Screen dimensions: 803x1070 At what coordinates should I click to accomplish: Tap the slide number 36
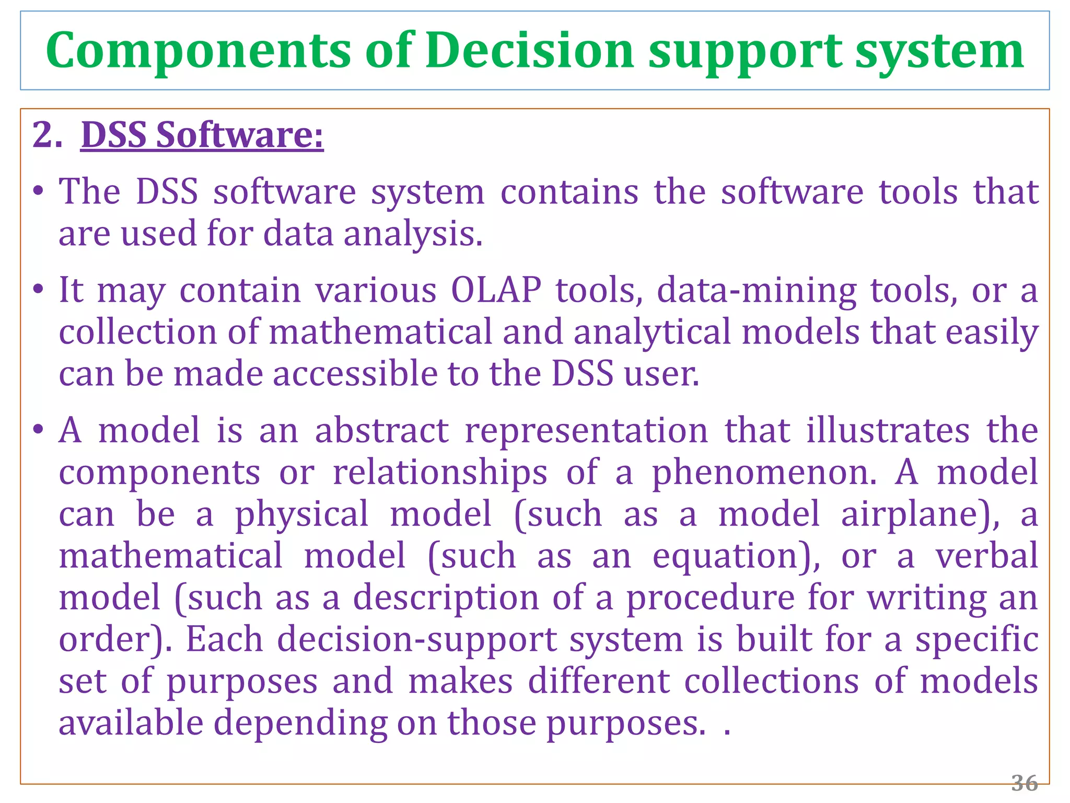point(1025,783)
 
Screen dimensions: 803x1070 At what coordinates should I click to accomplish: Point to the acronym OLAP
point(496,290)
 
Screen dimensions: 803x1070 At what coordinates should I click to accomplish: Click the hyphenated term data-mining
point(757,291)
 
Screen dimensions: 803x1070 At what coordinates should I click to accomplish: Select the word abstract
point(381,431)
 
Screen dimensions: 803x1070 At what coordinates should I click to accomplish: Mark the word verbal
point(986,555)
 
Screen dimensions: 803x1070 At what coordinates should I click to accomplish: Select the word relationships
point(440,473)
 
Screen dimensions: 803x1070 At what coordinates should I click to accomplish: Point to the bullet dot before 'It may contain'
point(37,289)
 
